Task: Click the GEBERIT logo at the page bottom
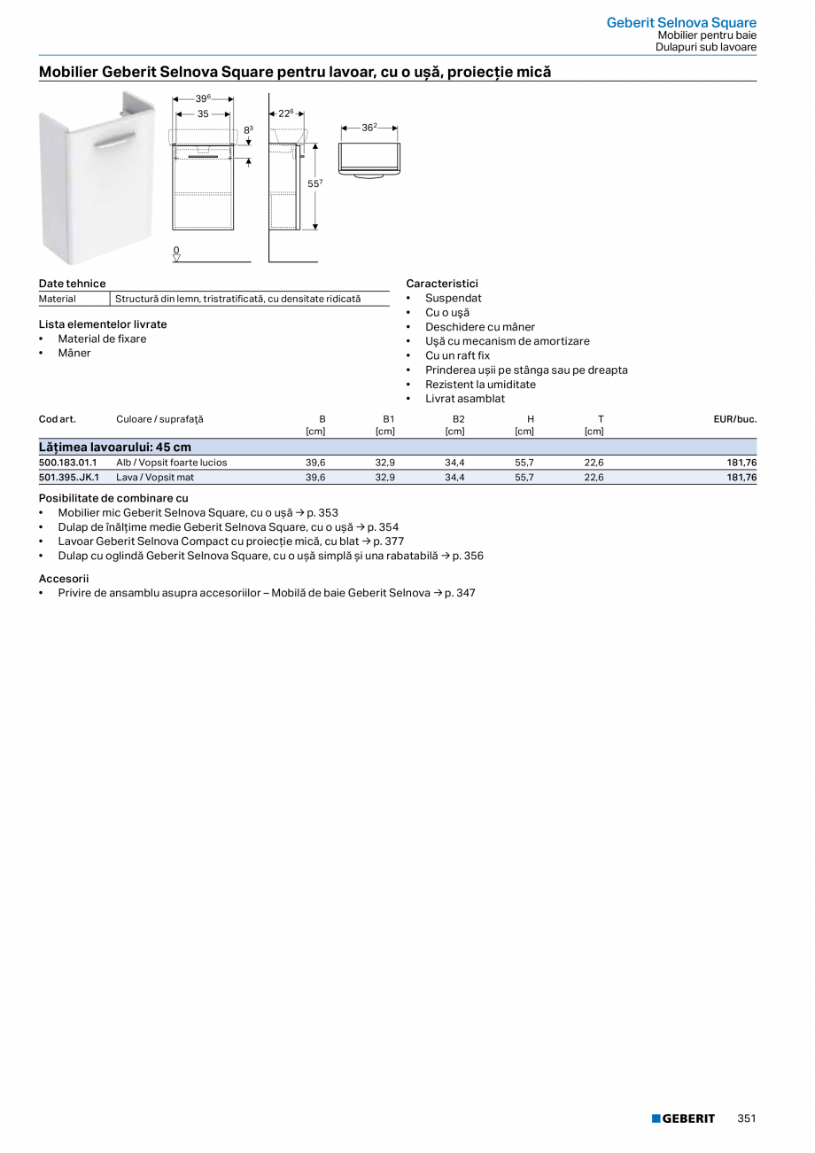[x=683, y=1118]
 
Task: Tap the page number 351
[x=747, y=1118]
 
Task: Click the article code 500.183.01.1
[x=68, y=463]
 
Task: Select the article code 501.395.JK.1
[x=69, y=477]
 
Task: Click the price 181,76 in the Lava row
[x=741, y=477]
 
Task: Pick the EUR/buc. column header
[x=735, y=419]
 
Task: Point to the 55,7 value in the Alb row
[x=524, y=463]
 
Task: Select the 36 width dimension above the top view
[x=369, y=129]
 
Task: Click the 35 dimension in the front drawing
[x=203, y=114]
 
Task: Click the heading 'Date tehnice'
[x=72, y=284]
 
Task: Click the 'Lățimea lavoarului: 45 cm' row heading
[x=115, y=447]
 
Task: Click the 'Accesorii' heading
[x=64, y=578]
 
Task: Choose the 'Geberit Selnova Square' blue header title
[x=681, y=23]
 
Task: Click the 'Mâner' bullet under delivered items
[x=74, y=353]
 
